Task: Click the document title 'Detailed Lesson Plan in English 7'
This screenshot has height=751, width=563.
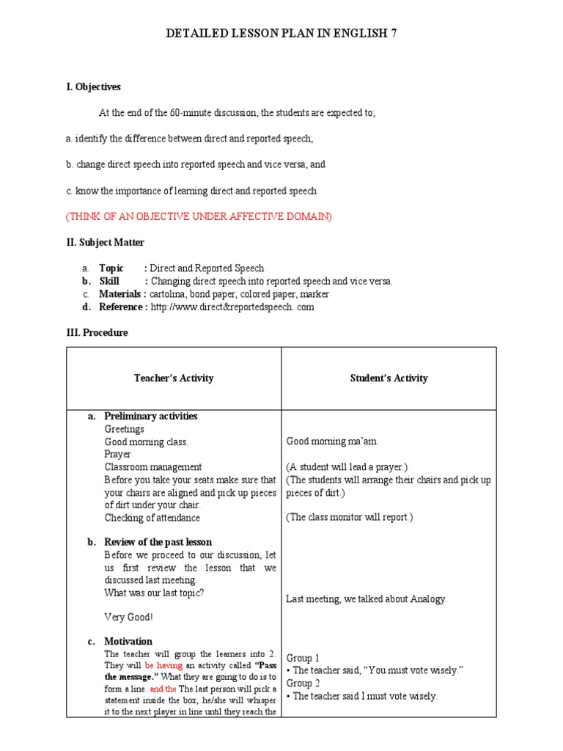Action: (x=281, y=34)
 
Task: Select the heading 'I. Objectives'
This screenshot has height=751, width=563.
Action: (x=93, y=87)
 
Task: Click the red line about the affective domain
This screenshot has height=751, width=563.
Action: (x=199, y=216)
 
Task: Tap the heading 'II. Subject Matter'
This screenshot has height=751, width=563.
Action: (x=106, y=242)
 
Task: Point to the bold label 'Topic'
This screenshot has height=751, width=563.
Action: (x=111, y=268)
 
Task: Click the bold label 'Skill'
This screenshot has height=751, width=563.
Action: (x=109, y=281)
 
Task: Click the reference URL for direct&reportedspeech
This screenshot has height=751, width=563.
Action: (x=232, y=307)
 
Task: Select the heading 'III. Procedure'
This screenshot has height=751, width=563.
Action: (x=97, y=332)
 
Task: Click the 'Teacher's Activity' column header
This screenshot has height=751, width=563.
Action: (x=174, y=378)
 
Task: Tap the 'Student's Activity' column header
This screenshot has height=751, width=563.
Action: (x=389, y=378)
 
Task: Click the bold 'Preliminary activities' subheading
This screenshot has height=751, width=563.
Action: (x=150, y=416)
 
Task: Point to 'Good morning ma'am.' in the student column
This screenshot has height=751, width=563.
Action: (x=332, y=442)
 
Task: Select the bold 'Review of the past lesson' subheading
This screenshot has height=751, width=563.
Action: (x=158, y=542)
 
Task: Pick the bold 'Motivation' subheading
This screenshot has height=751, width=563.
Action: (x=128, y=641)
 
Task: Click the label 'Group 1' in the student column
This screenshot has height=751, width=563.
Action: (x=303, y=658)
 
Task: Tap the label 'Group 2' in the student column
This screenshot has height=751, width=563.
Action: (x=303, y=683)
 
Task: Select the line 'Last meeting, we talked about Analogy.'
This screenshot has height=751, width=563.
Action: (x=367, y=599)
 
